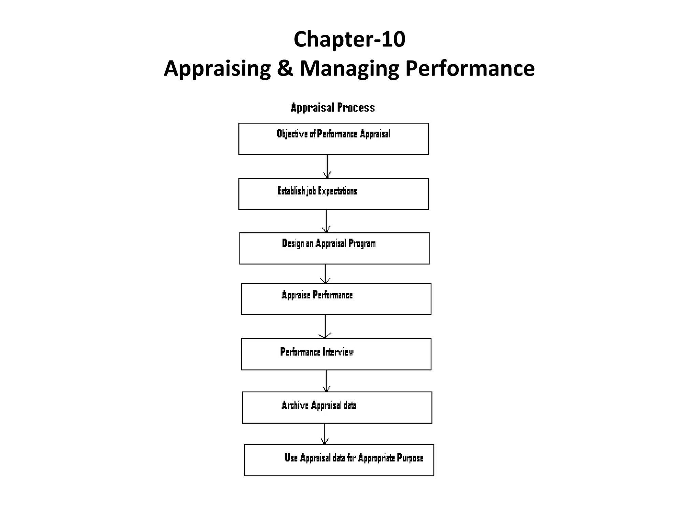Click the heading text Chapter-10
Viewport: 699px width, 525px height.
[349, 39]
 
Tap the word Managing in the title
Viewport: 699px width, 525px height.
[349, 69]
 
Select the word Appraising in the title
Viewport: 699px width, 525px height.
[217, 69]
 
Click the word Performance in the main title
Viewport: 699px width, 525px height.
[470, 68]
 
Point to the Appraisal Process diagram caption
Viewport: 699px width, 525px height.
[332, 108]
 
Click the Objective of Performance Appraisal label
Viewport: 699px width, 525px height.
[333, 134]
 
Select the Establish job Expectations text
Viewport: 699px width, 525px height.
[317, 191]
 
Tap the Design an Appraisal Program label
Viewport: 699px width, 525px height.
[328, 244]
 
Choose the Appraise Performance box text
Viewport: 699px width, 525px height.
[317, 295]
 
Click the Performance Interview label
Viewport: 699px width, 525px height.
[316, 352]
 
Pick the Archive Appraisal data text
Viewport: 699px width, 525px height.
[318, 405]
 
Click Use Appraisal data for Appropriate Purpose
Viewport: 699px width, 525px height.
[354, 458]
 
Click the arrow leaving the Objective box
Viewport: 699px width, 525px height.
[327, 166]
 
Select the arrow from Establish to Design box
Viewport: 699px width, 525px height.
[326, 221]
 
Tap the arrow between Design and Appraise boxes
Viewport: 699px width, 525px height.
[325, 273]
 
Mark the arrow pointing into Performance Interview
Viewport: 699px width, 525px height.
[325, 326]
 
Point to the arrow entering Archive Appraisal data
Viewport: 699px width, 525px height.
[326, 381]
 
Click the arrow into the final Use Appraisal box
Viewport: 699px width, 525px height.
[324, 434]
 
